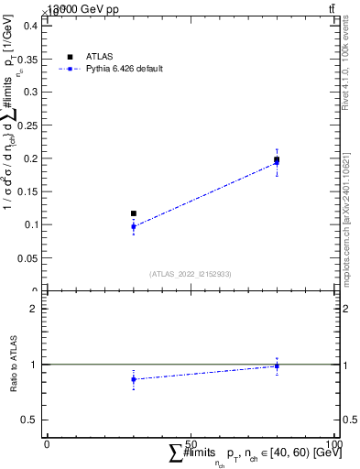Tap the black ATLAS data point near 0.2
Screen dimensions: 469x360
(x=277, y=159)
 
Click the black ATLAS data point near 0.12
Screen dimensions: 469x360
(x=134, y=213)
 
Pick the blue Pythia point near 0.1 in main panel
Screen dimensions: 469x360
(x=134, y=226)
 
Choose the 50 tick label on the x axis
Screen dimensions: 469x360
(x=191, y=443)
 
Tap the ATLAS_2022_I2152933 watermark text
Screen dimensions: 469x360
(x=191, y=274)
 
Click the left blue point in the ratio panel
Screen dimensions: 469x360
(x=134, y=378)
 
